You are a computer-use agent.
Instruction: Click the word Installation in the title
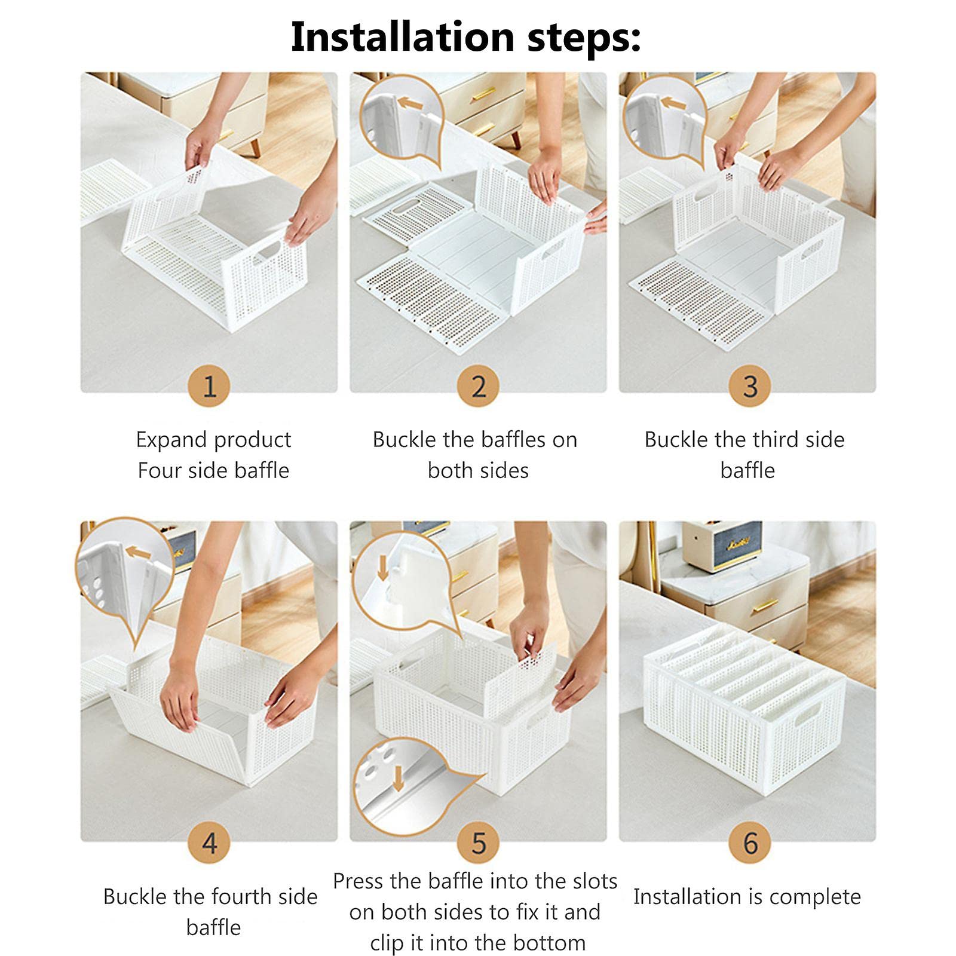402,37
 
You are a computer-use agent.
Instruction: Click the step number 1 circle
209,387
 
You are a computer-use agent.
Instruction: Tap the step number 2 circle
478,387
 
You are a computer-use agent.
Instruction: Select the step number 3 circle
750,387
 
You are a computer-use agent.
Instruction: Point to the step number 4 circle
209,843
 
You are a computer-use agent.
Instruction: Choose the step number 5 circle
478,843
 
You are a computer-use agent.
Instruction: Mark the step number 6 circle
750,843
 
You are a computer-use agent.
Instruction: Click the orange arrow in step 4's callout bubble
139,553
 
